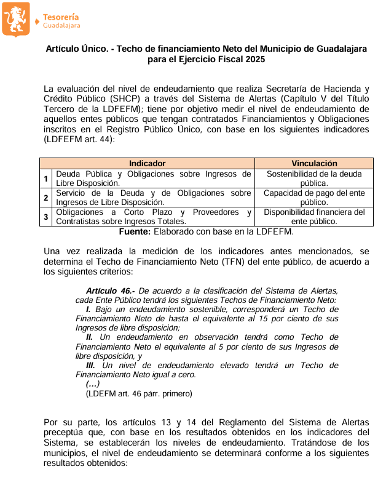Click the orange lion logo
16,19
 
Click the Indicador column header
147,163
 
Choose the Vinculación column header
314,163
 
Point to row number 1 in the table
45,178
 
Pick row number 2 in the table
45,198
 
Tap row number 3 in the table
45,217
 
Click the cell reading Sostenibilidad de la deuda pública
314,178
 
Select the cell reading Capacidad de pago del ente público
314,198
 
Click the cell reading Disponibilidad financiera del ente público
314,217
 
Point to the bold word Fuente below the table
134,231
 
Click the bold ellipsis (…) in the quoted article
93,383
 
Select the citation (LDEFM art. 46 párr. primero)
139,393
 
